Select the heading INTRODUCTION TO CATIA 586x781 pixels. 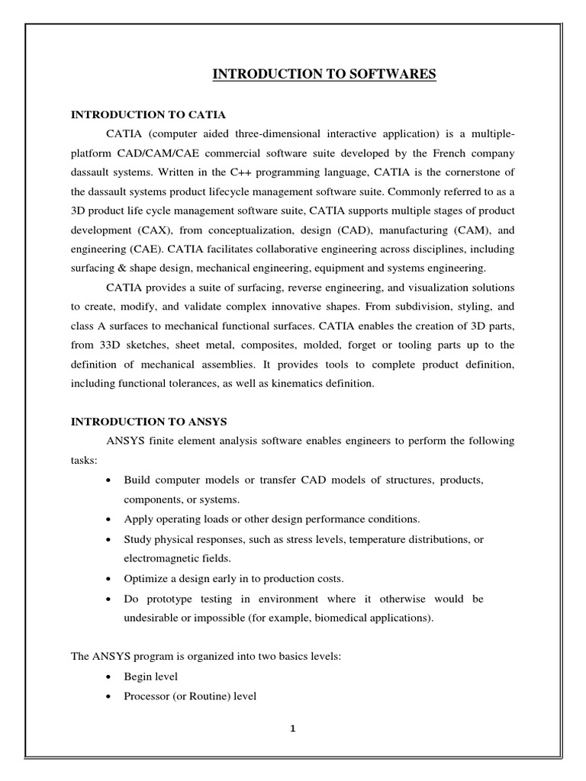click(148, 115)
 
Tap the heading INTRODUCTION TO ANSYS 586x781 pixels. click(150, 421)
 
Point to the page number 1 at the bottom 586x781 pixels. click(292, 728)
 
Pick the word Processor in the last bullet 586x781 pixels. click(146, 696)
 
